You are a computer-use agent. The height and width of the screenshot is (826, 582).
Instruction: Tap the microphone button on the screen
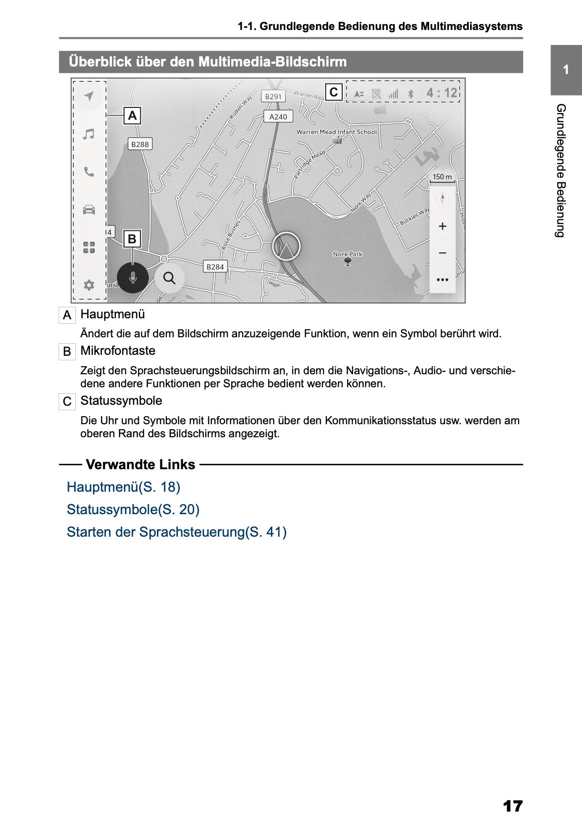pyautogui.click(x=132, y=277)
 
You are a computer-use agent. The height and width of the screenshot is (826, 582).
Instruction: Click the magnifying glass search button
pyautogui.click(x=169, y=278)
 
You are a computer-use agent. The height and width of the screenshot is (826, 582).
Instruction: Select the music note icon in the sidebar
pyautogui.click(x=89, y=134)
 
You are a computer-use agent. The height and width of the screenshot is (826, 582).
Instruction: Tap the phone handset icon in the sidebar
pyautogui.click(x=89, y=172)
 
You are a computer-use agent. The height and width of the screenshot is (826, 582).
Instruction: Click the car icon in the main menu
pyautogui.click(x=89, y=209)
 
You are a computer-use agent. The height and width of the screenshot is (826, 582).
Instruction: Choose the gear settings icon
pyautogui.click(x=89, y=285)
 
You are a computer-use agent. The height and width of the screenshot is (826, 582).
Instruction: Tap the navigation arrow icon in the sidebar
pyautogui.click(x=89, y=96)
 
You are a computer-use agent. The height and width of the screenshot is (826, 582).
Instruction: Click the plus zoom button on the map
pyautogui.click(x=442, y=226)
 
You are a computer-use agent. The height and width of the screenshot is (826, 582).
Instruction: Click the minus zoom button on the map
pyautogui.click(x=442, y=253)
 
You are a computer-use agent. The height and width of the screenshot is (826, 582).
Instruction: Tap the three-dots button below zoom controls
pyautogui.click(x=442, y=279)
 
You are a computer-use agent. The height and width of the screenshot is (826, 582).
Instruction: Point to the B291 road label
pyautogui.click(x=273, y=96)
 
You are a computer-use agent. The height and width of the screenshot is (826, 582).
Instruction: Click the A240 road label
pyautogui.click(x=278, y=116)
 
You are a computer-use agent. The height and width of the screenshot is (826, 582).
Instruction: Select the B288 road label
pyautogui.click(x=140, y=144)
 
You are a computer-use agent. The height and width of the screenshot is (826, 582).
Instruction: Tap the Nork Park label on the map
pyautogui.click(x=348, y=254)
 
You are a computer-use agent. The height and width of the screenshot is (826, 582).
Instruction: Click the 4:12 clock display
pyautogui.click(x=442, y=93)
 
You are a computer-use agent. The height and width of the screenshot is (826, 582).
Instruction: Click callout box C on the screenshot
pyautogui.click(x=334, y=92)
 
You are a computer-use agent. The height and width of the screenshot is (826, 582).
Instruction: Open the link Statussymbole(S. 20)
pyautogui.click(x=133, y=509)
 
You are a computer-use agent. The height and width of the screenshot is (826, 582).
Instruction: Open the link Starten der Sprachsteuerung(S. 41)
pyautogui.click(x=176, y=532)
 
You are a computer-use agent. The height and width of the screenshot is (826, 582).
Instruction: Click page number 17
pyautogui.click(x=513, y=806)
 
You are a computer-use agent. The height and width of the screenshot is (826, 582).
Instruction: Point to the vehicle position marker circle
pyautogui.click(x=286, y=246)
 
